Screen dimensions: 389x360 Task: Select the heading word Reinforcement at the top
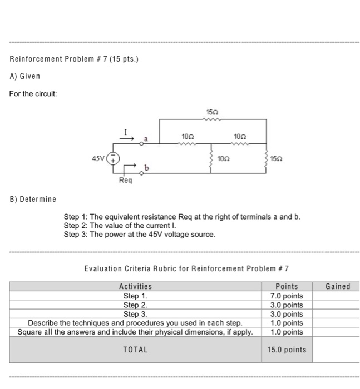coord(35,59)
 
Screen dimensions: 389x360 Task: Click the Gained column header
coord(338,287)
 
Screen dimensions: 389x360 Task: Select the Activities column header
coord(135,287)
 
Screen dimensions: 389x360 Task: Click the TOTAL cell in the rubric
coord(135,350)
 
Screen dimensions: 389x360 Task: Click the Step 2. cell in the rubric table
coord(135,305)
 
